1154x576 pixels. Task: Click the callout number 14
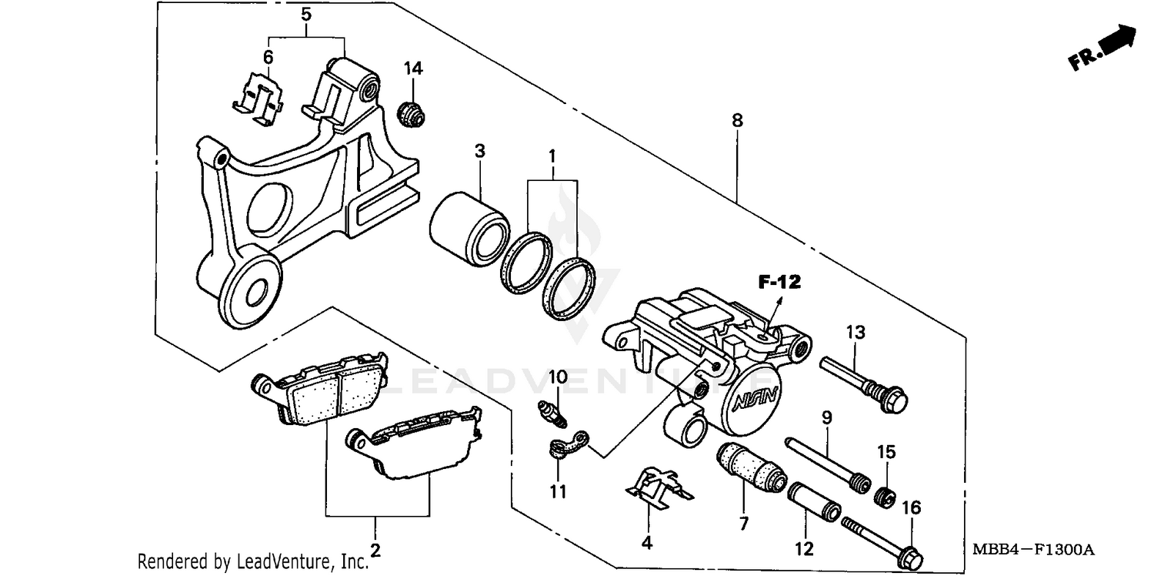413,69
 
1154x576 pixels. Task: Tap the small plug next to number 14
411,114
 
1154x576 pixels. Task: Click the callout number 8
738,120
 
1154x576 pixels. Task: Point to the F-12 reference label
779,283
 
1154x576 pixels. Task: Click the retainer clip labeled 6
258,99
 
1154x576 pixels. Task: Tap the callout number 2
375,550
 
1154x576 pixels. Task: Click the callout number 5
306,14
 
